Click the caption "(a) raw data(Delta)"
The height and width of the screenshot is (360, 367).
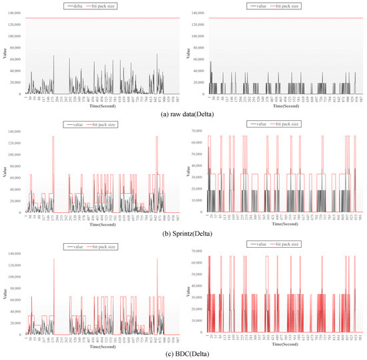[183, 113]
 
